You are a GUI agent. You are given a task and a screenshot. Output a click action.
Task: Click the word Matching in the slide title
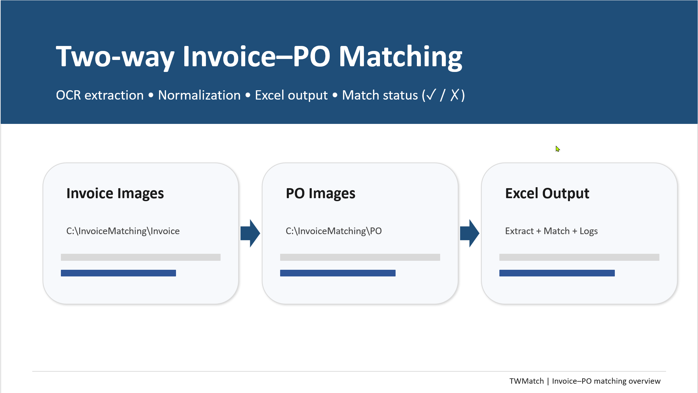pos(401,57)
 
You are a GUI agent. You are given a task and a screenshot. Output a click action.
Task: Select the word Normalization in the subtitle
pos(199,95)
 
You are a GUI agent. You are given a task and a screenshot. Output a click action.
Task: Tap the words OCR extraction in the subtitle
pos(100,95)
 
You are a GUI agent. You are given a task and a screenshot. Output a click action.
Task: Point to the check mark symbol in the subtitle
pos(431,95)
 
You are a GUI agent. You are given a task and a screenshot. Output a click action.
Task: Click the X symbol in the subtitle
pos(455,95)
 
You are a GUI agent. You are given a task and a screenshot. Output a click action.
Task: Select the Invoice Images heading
pos(115,194)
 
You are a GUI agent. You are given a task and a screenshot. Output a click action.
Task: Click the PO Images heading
pos(320,194)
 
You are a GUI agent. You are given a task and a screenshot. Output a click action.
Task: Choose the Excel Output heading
pos(547,194)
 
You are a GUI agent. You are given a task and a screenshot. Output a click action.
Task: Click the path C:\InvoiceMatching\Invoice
pos(123,231)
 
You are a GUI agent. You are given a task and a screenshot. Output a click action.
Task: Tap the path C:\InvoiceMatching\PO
pos(334,231)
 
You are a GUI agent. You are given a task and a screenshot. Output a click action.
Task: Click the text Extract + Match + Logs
pos(551,231)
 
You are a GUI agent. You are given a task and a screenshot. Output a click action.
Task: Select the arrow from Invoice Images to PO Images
pos(250,233)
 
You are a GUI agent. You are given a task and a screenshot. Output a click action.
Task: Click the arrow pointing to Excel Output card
pos(469,233)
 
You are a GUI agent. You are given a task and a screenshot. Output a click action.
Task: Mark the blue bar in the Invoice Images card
pos(118,273)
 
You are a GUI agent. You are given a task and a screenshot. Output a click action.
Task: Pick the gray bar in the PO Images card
pos(360,257)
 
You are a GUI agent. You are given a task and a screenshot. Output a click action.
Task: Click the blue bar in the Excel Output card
pos(557,273)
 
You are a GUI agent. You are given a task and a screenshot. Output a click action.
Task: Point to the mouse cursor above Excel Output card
pos(558,149)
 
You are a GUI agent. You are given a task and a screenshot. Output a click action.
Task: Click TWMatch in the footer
pos(527,381)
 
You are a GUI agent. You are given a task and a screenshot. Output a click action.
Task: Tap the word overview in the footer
pos(644,381)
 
